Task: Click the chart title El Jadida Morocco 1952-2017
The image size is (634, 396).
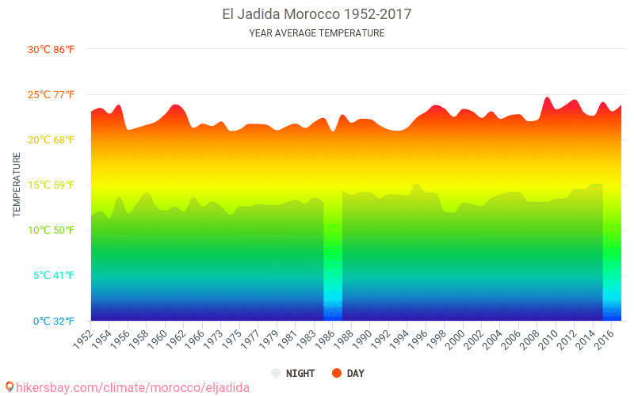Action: click(x=316, y=14)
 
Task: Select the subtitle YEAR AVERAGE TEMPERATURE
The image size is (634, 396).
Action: click(x=316, y=33)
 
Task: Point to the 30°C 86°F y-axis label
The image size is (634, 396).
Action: click(x=52, y=49)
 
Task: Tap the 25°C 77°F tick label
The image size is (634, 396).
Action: click(x=52, y=95)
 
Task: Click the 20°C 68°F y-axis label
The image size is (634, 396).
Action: click(x=52, y=140)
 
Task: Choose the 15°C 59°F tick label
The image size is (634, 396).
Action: click(x=52, y=185)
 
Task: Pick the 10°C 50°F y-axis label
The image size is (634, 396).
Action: click(x=52, y=230)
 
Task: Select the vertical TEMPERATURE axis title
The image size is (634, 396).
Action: click(x=17, y=185)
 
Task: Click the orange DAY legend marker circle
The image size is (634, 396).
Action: click(x=337, y=373)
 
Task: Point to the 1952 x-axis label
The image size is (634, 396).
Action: click(x=83, y=337)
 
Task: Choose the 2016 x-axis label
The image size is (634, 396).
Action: click(x=605, y=337)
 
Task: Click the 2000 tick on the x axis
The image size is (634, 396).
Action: click(x=457, y=337)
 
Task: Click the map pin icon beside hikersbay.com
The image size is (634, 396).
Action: click(x=10, y=387)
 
